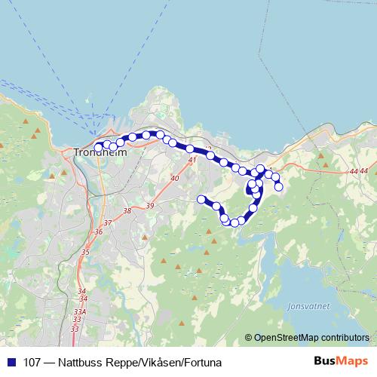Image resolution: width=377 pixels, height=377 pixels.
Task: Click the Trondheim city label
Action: [x=101, y=153]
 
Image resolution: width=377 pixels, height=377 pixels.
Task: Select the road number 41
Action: [x=192, y=160]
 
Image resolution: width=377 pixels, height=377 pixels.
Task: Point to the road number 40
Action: [x=175, y=179]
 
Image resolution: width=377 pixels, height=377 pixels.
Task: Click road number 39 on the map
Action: [x=149, y=206]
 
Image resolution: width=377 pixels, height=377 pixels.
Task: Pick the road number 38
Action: [x=127, y=211]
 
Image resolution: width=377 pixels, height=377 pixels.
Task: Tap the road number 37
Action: [x=108, y=222]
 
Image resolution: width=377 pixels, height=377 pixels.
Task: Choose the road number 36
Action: [x=99, y=232]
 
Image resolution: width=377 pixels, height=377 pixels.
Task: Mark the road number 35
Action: [x=85, y=252]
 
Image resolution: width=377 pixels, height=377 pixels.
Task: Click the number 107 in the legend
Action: [x=33, y=362]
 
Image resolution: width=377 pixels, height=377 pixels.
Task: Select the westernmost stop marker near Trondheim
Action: [x=98, y=148]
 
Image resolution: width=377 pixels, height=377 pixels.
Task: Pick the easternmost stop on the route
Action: [x=279, y=186]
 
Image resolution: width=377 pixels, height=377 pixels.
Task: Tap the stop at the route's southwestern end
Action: [x=201, y=199]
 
